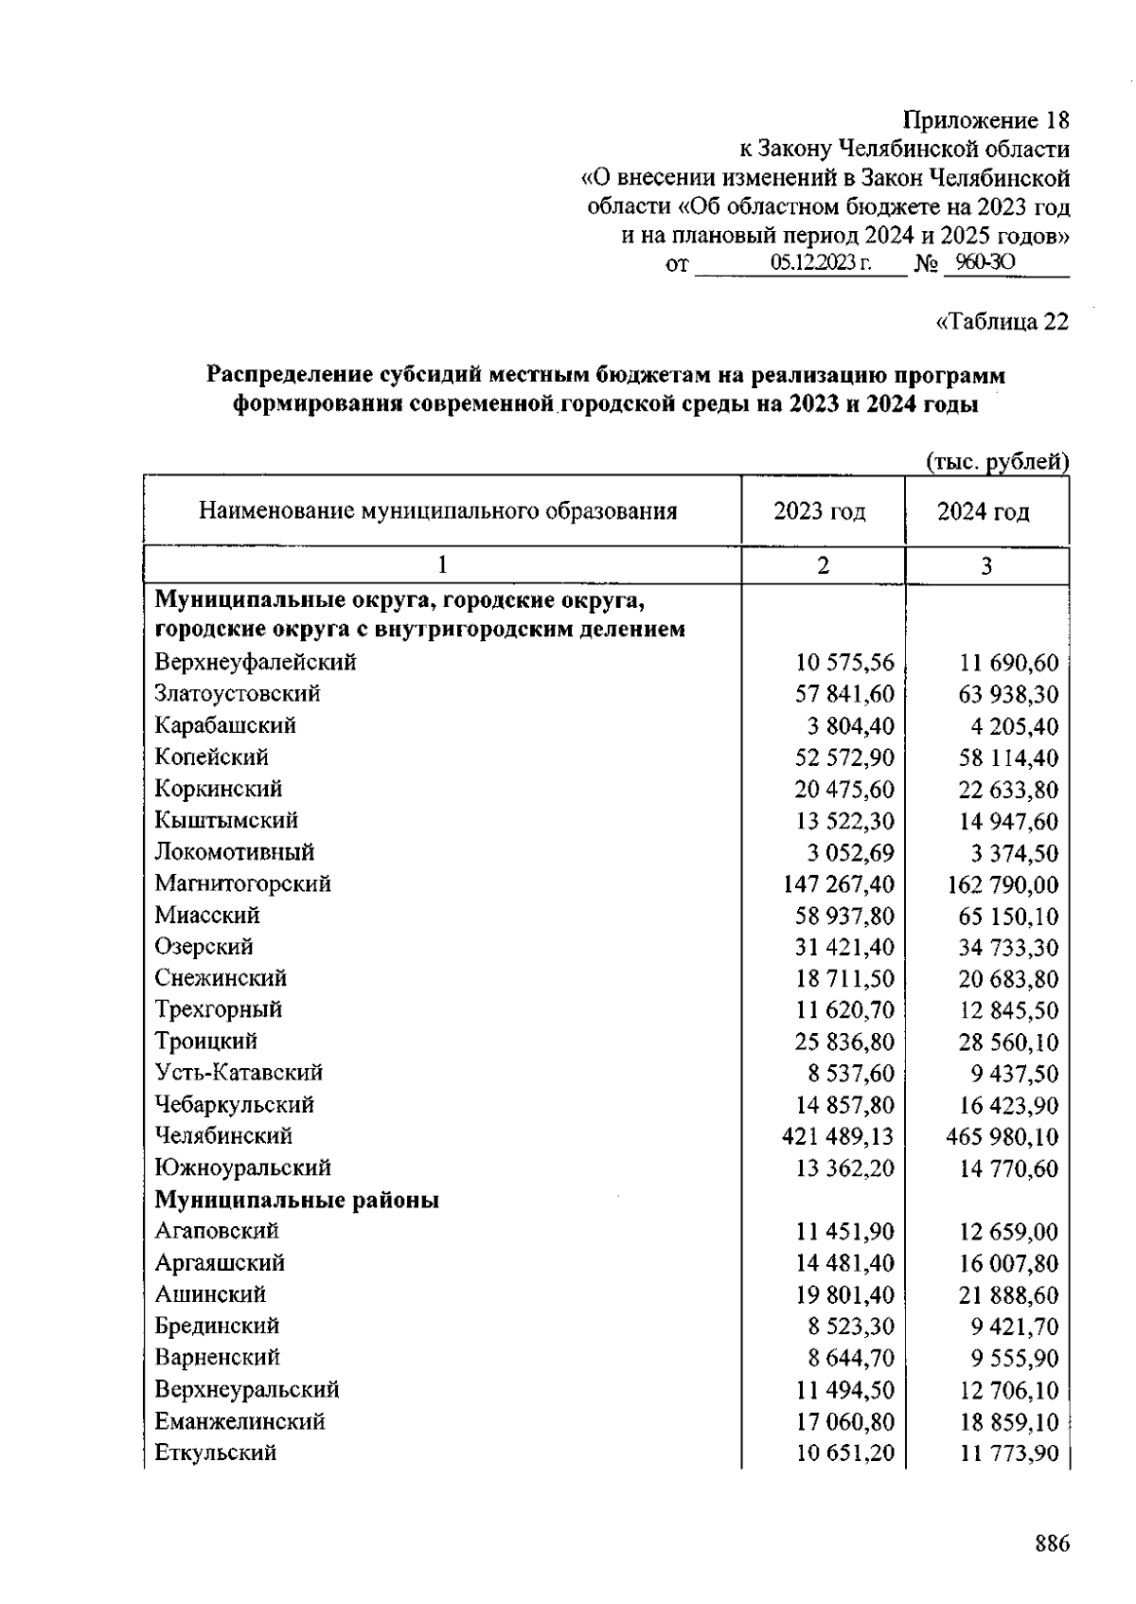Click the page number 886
coord(1052,1543)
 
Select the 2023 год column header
coord(820,512)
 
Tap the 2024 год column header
coord(984,512)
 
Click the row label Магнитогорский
coord(243,883)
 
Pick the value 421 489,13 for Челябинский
coord(838,1136)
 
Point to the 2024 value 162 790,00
coord(1003,885)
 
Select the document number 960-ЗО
coord(985,262)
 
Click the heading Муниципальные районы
coord(297,1200)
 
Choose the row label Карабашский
coord(225,725)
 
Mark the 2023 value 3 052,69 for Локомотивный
coord(850,852)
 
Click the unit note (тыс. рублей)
coord(997,462)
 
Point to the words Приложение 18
coord(985,120)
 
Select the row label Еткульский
coord(216,1453)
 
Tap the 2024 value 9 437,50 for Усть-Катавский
coord(1014,1074)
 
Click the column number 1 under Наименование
coord(441,565)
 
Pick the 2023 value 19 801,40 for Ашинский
coord(844,1294)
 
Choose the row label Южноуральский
coord(243,1167)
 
